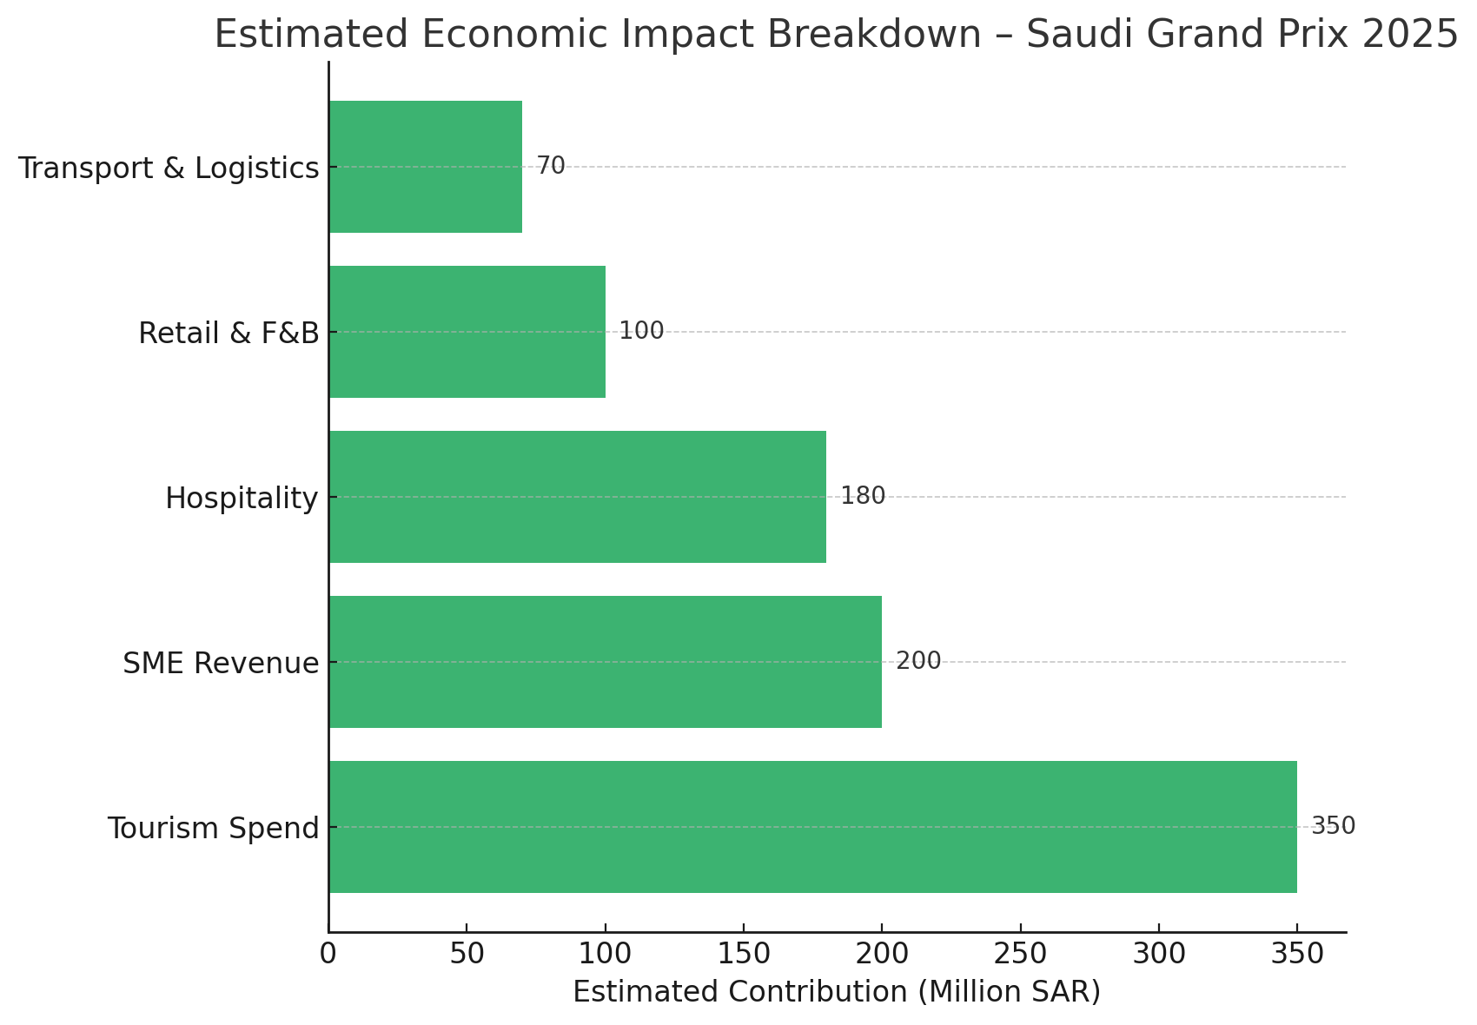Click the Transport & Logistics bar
pyautogui.click(x=426, y=167)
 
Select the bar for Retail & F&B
pyautogui.click(x=467, y=332)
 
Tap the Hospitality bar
pyautogui.click(x=578, y=497)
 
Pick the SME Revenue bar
pyautogui.click(x=606, y=662)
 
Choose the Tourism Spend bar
pyautogui.click(x=813, y=827)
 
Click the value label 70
pyautogui.click(x=551, y=165)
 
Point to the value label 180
pyautogui.click(x=863, y=496)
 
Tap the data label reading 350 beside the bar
pyautogui.click(x=1333, y=825)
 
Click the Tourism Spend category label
pyautogui.click(x=214, y=828)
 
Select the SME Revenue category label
pyautogui.click(x=221, y=663)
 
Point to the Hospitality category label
pyautogui.click(x=242, y=499)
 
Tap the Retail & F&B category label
pyautogui.click(x=229, y=333)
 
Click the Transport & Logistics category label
pyautogui.click(x=169, y=169)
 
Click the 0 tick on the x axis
pyautogui.click(x=328, y=953)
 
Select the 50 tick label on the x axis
pyautogui.click(x=467, y=953)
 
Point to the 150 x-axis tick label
pyautogui.click(x=744, y=953)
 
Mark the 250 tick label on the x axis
pyautogui.click(x=1020, y=953)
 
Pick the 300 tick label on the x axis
pyautogui.click(x=1158, y=953)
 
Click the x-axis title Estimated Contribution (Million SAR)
pyautogui.click(x=837, y=992)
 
